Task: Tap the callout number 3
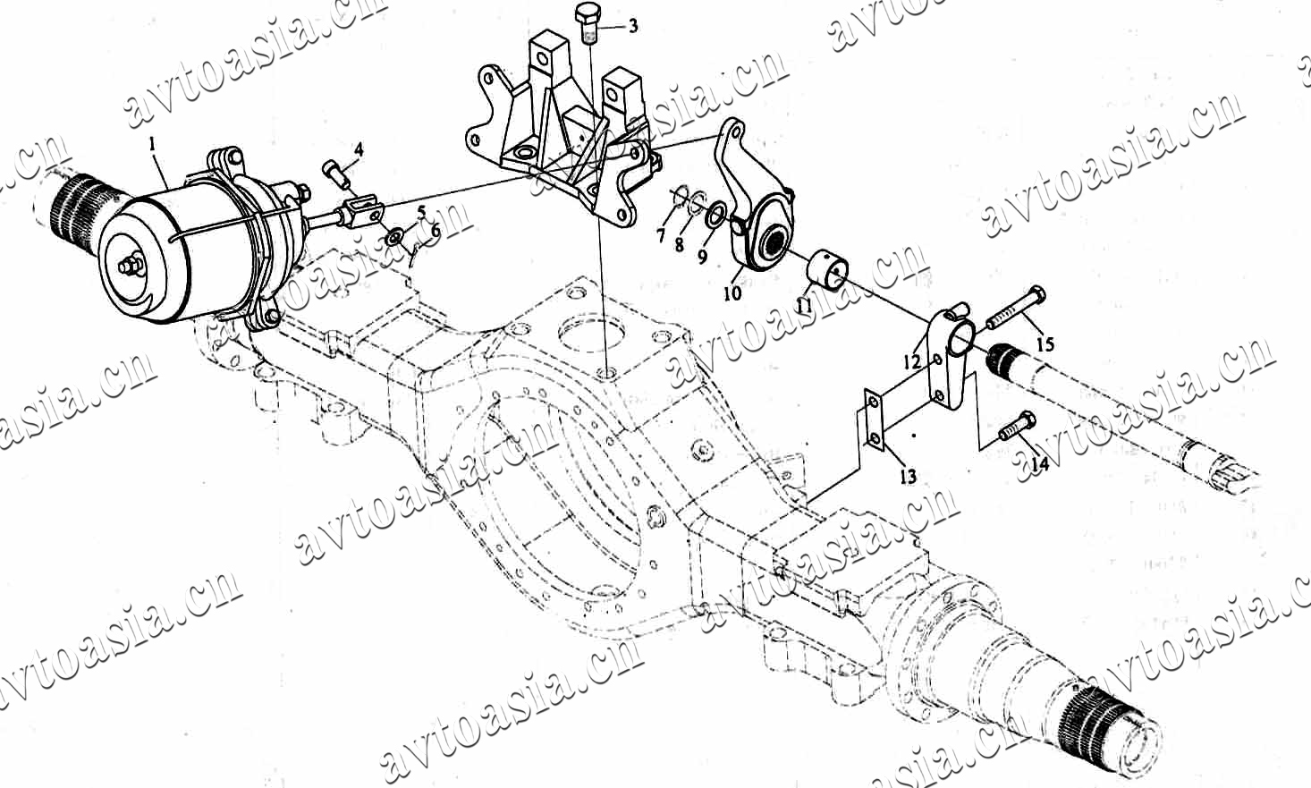click(x=633, y=26)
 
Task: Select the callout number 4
click(x=359, y=150)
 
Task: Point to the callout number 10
click(x=732, y=292)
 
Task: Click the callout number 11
click(x=804, y=304)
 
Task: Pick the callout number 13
click(x=908, y=477)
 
